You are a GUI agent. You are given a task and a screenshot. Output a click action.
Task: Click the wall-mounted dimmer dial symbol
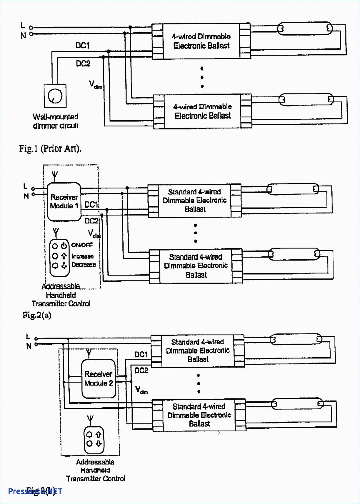tap(55, 96)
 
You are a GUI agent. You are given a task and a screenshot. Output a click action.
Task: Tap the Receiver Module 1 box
tap(64, 201)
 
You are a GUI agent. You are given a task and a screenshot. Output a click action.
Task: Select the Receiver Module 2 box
tap(98, 378)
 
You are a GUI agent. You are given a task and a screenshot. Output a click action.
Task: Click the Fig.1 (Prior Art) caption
tap(50, 148)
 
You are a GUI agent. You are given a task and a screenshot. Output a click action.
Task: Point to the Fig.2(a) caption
tap(37, 315)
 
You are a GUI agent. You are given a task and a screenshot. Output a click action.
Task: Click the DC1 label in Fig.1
tap(82, 46)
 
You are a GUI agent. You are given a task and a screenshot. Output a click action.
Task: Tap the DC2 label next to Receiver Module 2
tap(141, 371)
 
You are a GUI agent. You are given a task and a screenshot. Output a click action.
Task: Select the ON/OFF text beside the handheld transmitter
tap(82, 245)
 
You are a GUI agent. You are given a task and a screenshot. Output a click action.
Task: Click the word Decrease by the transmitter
tap(84, 265)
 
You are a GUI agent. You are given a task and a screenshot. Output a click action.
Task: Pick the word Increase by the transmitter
tap(83, 256)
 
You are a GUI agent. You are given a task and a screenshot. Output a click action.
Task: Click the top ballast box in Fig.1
tap(201, 41)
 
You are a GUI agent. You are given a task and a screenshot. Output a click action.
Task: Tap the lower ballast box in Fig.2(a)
tap(196, 266)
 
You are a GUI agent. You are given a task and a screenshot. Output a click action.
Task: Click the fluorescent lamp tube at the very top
tap(305, 29)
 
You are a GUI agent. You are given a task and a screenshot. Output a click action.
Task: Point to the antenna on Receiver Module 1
tap(54, 176)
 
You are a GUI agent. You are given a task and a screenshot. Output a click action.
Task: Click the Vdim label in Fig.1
tap(95, 85)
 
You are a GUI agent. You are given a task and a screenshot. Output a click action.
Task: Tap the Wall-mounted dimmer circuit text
tap(56, 121)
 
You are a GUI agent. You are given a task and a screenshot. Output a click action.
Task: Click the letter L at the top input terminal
tap(23, 25)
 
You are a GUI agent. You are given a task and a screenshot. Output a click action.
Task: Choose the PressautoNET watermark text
tap(35, 491)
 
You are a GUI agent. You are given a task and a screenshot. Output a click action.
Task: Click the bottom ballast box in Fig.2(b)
tap(199, 415)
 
